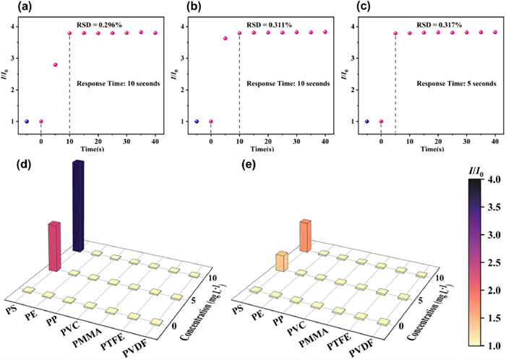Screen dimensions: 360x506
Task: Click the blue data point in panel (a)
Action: pyautogui.click(x=27, y=121)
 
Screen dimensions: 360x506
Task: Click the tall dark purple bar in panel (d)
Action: pyautogui.click(x=79, y=206)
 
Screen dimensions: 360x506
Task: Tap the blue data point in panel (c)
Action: pyautogui.click(x=366, y=121)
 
